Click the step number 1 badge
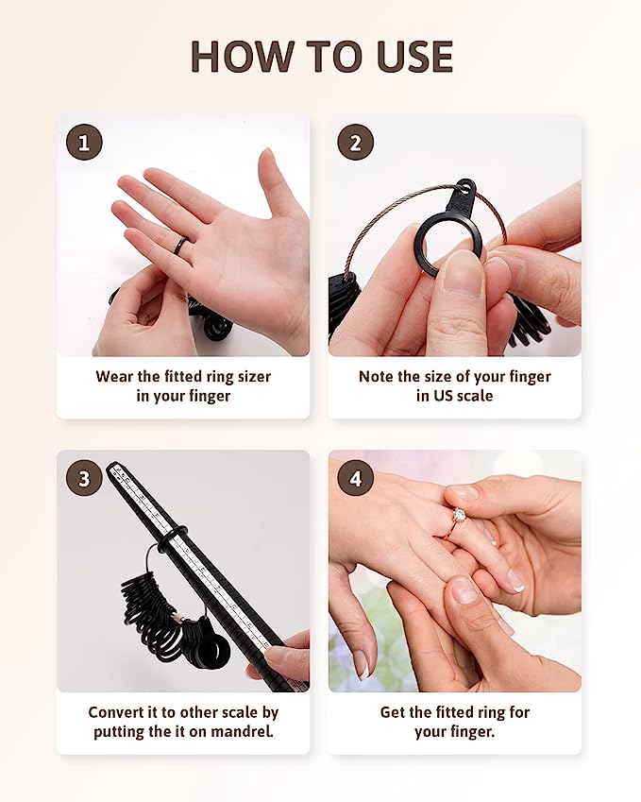84,143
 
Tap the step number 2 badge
355,143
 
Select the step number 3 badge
84,478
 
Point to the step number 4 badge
355,478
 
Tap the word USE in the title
414,57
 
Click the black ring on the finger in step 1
181,246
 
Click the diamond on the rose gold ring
459,514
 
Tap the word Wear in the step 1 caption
114,377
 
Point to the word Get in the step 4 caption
392,712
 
